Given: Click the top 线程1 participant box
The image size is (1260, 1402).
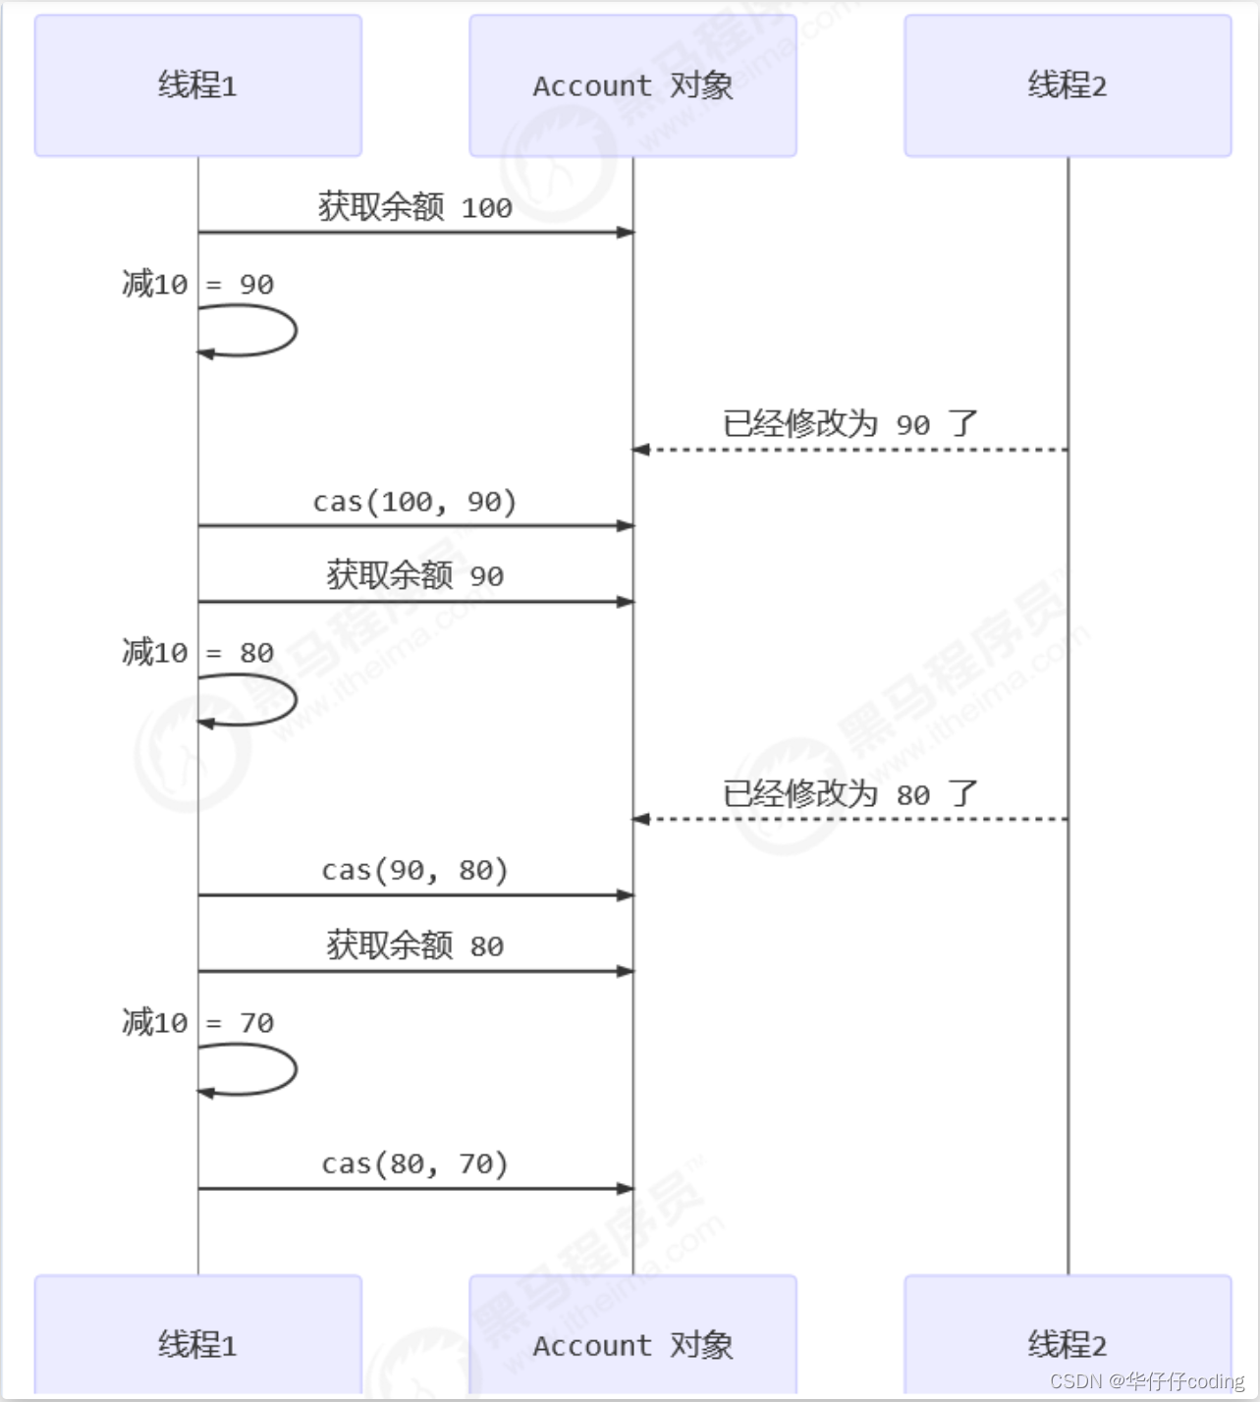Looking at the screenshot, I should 197,85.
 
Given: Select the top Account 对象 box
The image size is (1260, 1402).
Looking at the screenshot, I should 632,85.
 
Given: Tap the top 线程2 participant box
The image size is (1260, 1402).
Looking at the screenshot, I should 1068,85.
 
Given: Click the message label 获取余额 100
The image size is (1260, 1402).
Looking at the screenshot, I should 414,207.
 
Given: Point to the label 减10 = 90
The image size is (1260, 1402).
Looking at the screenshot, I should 197,284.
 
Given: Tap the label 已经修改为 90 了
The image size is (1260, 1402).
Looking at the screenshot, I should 850,424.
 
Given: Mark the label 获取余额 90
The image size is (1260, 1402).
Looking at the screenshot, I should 414,575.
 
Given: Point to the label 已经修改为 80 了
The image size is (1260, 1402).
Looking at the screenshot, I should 850,793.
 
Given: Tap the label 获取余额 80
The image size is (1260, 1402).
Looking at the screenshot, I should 414,945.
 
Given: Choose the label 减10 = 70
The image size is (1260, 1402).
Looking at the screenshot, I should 197,1022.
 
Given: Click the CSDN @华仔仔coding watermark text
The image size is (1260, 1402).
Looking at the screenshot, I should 1146,1381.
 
